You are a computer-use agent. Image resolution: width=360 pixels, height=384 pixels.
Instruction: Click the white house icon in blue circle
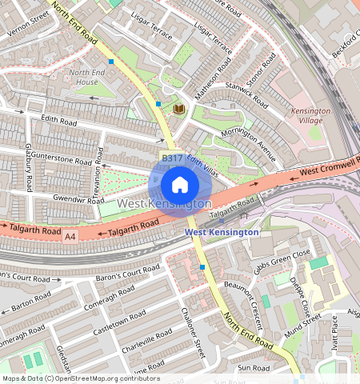[x=180, y=186]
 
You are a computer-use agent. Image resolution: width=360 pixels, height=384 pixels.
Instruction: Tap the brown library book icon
[x=179, y=108]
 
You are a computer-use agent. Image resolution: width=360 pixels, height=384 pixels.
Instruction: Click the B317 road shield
[x=171, y=159]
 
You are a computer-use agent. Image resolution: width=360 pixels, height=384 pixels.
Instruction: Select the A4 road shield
[x=70, y=236]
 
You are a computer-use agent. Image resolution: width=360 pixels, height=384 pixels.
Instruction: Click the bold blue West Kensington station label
[x=222, y=232]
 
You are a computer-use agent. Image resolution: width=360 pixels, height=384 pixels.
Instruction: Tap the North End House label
[x=82, y=77]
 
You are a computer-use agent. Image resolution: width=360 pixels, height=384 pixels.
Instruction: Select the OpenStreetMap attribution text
[x=80, y=378]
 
